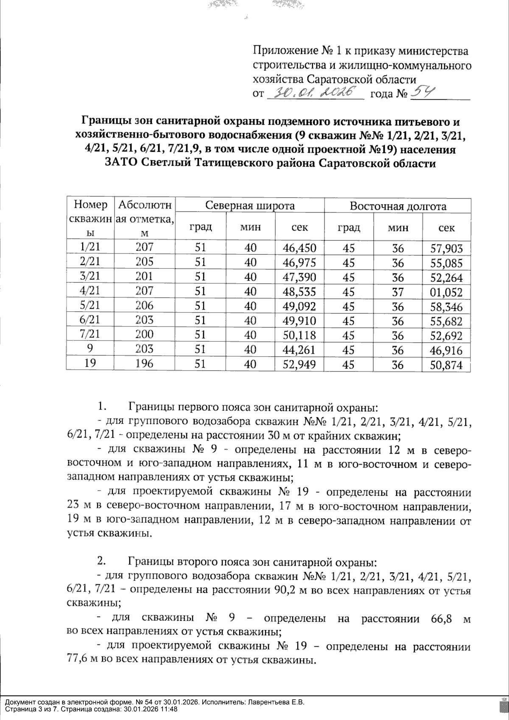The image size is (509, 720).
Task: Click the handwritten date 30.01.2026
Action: coord(316,92)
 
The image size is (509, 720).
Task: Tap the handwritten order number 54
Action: coord(422,92)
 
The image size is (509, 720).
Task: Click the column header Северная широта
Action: coord(250,206)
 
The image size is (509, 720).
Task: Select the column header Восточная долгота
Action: coord(398,206)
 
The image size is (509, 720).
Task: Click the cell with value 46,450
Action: coord(299,248)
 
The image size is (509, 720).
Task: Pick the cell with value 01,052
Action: coord(446,292)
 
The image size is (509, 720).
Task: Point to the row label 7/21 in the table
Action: coord(89,334)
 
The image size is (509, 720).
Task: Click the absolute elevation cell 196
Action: coord(144,363)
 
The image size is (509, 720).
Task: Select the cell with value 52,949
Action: coord(299,364)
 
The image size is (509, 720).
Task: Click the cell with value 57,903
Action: coord(446,248)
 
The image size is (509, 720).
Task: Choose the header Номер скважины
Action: coord(90,218)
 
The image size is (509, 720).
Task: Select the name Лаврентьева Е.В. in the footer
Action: coord(277,702)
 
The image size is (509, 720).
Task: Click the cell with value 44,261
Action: coord(299,349)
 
